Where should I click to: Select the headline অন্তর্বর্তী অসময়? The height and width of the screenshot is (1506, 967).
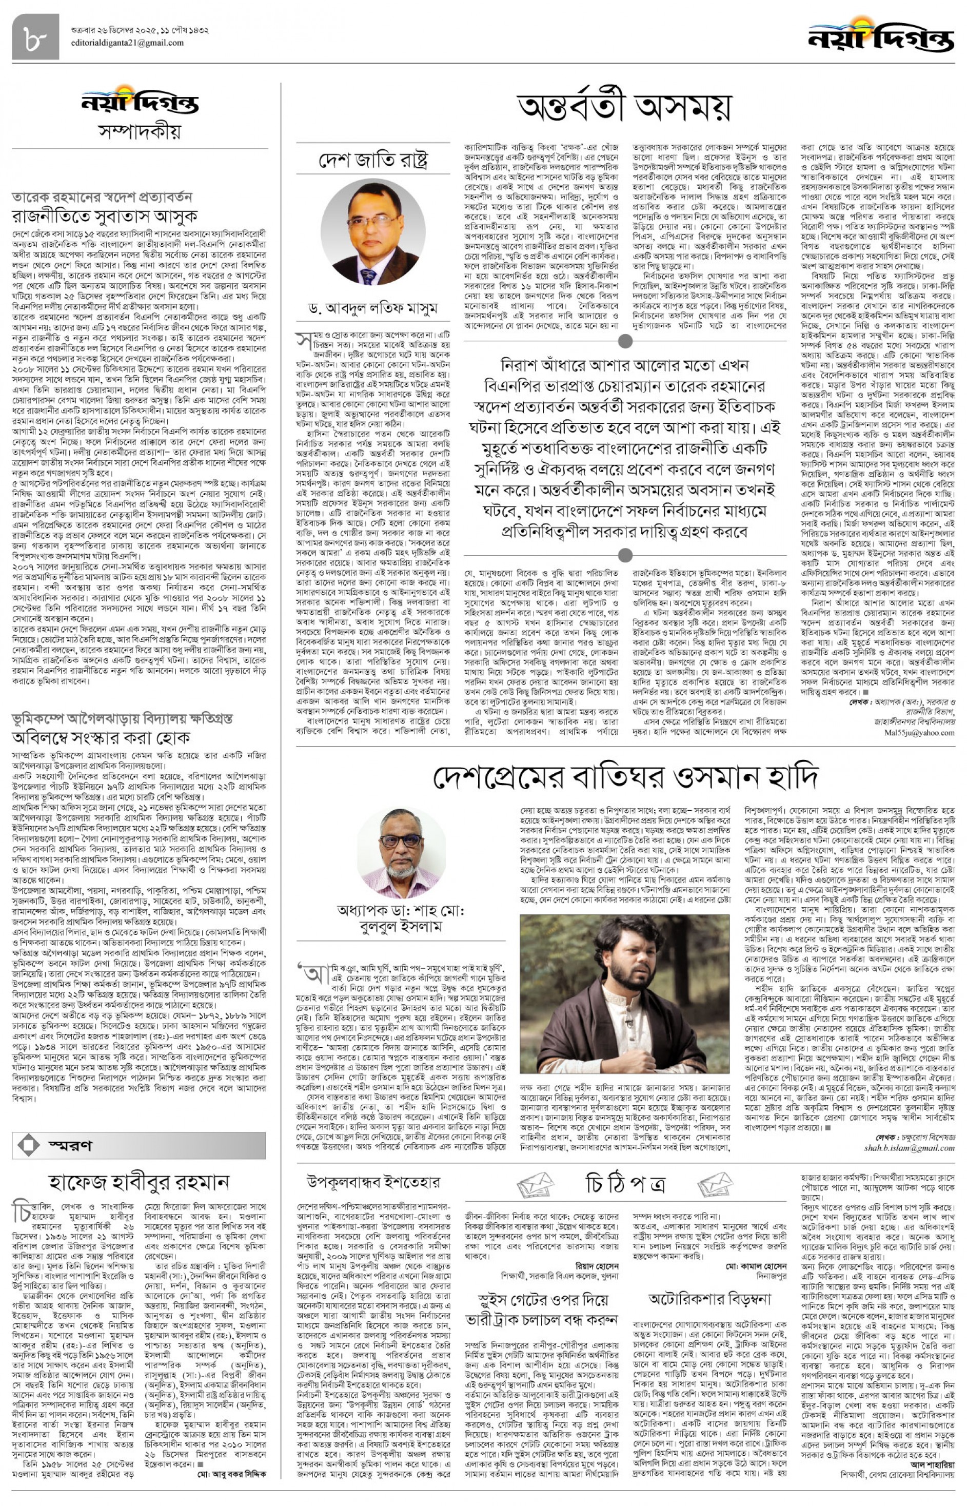[x=624, y=107]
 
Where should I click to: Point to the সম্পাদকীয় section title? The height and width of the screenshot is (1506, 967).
[x=140, y=132]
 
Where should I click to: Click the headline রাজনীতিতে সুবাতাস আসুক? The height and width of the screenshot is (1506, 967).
[x=106, y=217]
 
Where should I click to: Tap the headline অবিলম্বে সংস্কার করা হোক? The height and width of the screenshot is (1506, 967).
[x=101, y=737]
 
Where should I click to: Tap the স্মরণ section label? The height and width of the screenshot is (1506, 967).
[x=70, y=1146]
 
